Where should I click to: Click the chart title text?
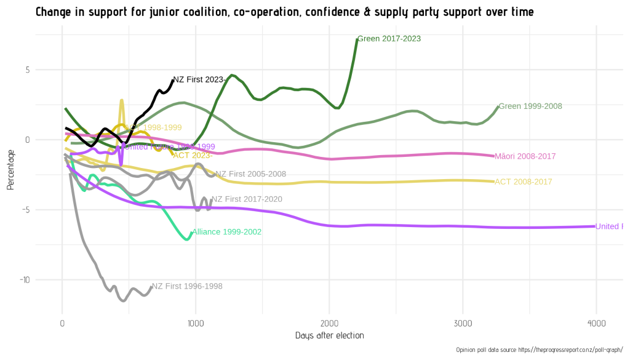tap(284, 12)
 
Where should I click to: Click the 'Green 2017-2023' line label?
tap(389, 39)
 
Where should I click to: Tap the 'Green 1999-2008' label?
tap(530, 106)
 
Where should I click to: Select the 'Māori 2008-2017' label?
tap(525, 156)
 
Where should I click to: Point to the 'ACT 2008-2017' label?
tap(523, 182)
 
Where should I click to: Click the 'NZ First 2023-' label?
tap(199, 80)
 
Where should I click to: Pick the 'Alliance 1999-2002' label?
tap(226, 233)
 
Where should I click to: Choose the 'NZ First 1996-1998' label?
tap(187, 287)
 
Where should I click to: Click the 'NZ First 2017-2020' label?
tap(247, 200)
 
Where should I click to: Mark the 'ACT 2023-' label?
tap(193, 155)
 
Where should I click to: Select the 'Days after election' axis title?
tap(329, 336)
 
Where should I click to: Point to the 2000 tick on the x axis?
tap(329, 324)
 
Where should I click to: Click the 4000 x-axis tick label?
tap(596, 324)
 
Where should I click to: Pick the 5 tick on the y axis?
tap(27, 70)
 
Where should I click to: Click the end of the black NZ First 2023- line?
tap(173, 79)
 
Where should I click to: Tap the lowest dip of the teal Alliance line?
tap(187, 239)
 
